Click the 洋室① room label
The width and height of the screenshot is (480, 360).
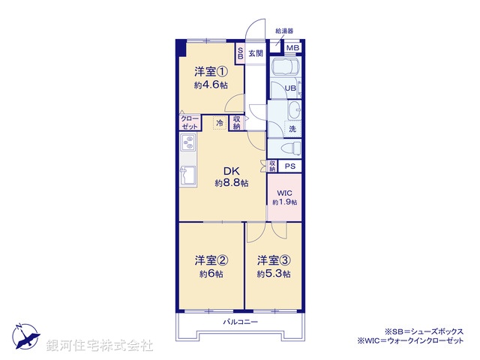tap(211, 72)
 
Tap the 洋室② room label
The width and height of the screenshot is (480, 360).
tap(211, 261)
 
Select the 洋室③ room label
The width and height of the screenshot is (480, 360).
tap(273, 261)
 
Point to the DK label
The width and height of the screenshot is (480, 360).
tap(231, 170)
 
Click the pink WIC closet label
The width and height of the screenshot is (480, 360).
tap(285, 190)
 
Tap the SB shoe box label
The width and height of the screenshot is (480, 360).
tap(240, 53)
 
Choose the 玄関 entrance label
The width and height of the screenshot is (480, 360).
tap(256, 53)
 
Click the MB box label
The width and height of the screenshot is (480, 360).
tap(292, 49)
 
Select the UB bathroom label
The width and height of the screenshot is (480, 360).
tap(290, 88)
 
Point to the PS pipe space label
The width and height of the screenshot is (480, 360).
tap(289, 166)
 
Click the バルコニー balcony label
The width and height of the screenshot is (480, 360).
tap(240, 322)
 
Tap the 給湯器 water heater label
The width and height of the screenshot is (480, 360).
tap(284, 31)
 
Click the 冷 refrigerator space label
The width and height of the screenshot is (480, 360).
tap(220, 122)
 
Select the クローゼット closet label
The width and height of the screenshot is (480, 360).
tap(190, 122)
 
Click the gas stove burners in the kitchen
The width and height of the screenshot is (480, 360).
tap(187, 143)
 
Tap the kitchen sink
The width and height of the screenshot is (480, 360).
tap(187, 176)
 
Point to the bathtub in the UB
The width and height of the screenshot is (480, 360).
tap(286, 67)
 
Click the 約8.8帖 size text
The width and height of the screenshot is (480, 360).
tap(231, 183)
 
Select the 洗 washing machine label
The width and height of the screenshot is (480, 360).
tap(292, 129)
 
